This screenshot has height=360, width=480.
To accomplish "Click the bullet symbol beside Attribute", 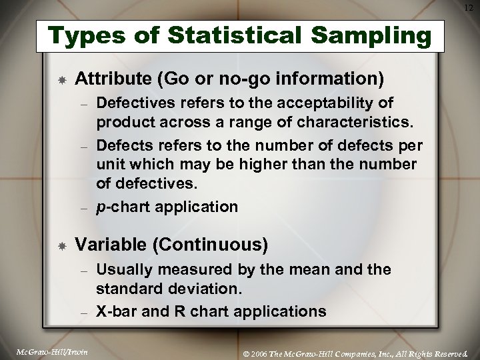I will click(x=61, y=79).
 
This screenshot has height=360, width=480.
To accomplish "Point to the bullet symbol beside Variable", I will click(x=61, y=246).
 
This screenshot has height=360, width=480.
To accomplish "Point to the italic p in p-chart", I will click(x=100, y=207).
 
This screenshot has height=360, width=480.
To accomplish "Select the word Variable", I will click(x=111, y=245).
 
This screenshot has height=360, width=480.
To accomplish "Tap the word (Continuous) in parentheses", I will click(x=211, y=245).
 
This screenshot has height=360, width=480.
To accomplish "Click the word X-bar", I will click(x=115, y=311).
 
